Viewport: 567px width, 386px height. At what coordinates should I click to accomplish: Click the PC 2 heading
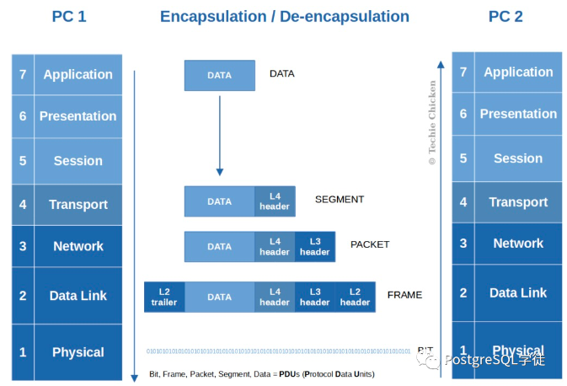pos(505,17)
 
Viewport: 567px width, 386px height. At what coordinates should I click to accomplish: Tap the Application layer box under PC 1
pos(78,75)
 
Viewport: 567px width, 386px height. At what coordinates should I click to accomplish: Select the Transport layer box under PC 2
pos(518,202)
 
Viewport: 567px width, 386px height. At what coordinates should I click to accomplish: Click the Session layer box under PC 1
pos(78,161)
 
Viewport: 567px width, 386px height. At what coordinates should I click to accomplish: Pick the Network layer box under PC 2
pos(518,244)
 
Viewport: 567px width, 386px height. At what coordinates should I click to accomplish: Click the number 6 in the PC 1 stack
pos(23,116)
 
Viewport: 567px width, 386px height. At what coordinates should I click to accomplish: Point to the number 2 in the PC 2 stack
pos(463,293)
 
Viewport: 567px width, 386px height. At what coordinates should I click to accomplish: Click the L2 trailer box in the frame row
pos(164,297)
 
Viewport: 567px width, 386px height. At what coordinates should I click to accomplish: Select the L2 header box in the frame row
pos(355,297)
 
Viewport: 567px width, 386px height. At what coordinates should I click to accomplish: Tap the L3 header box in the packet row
pos(314,246)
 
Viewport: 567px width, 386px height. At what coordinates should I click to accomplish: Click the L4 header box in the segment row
pos(275,201)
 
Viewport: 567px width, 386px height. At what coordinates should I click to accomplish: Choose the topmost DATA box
pos(219,75)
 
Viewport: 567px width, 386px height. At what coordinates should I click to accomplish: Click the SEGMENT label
pos(340,200)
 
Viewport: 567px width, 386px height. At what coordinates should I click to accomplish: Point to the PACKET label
pos(370,245)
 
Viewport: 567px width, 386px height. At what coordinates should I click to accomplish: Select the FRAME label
pos(404,296)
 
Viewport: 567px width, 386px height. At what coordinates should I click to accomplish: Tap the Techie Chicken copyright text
pos(432,123)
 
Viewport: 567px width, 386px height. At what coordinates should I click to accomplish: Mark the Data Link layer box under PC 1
pos(78,296)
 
